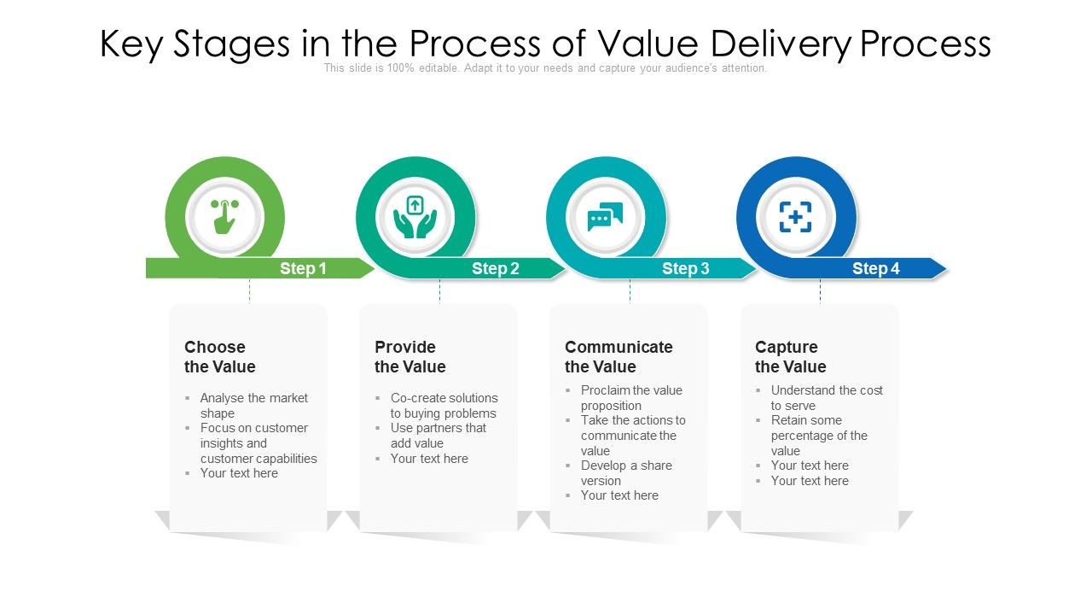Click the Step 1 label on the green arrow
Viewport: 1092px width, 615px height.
(x=303, y=269)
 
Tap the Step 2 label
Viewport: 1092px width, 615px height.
(x=495, y=269)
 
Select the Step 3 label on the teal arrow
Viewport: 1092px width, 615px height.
(x=685, y=269)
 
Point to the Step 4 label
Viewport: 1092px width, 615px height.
(x=875, y=269)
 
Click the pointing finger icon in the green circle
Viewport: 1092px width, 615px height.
(x=224, y=217)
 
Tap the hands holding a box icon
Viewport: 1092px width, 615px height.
(x=415, y=217)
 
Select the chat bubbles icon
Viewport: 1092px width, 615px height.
(x=605, y=217)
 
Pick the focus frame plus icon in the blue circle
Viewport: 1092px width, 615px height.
(x=795, y=217)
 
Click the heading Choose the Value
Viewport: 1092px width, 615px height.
(x=219, y=357)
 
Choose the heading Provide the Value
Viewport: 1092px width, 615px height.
(x=409, y=357)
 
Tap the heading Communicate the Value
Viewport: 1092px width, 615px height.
(x=618, y=357)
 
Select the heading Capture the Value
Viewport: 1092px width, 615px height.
(x=790, y=357)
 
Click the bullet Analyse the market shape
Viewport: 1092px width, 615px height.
(x=253, y=406)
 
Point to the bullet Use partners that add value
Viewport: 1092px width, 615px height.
(x=438, y=436)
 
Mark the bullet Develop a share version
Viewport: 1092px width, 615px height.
(x=626, y=473)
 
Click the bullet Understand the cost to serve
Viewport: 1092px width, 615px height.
(x=826, y=398)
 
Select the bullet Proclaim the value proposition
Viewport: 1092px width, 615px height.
(x=631, y=398)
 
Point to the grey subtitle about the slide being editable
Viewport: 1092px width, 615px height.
(x=545, y=68)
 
